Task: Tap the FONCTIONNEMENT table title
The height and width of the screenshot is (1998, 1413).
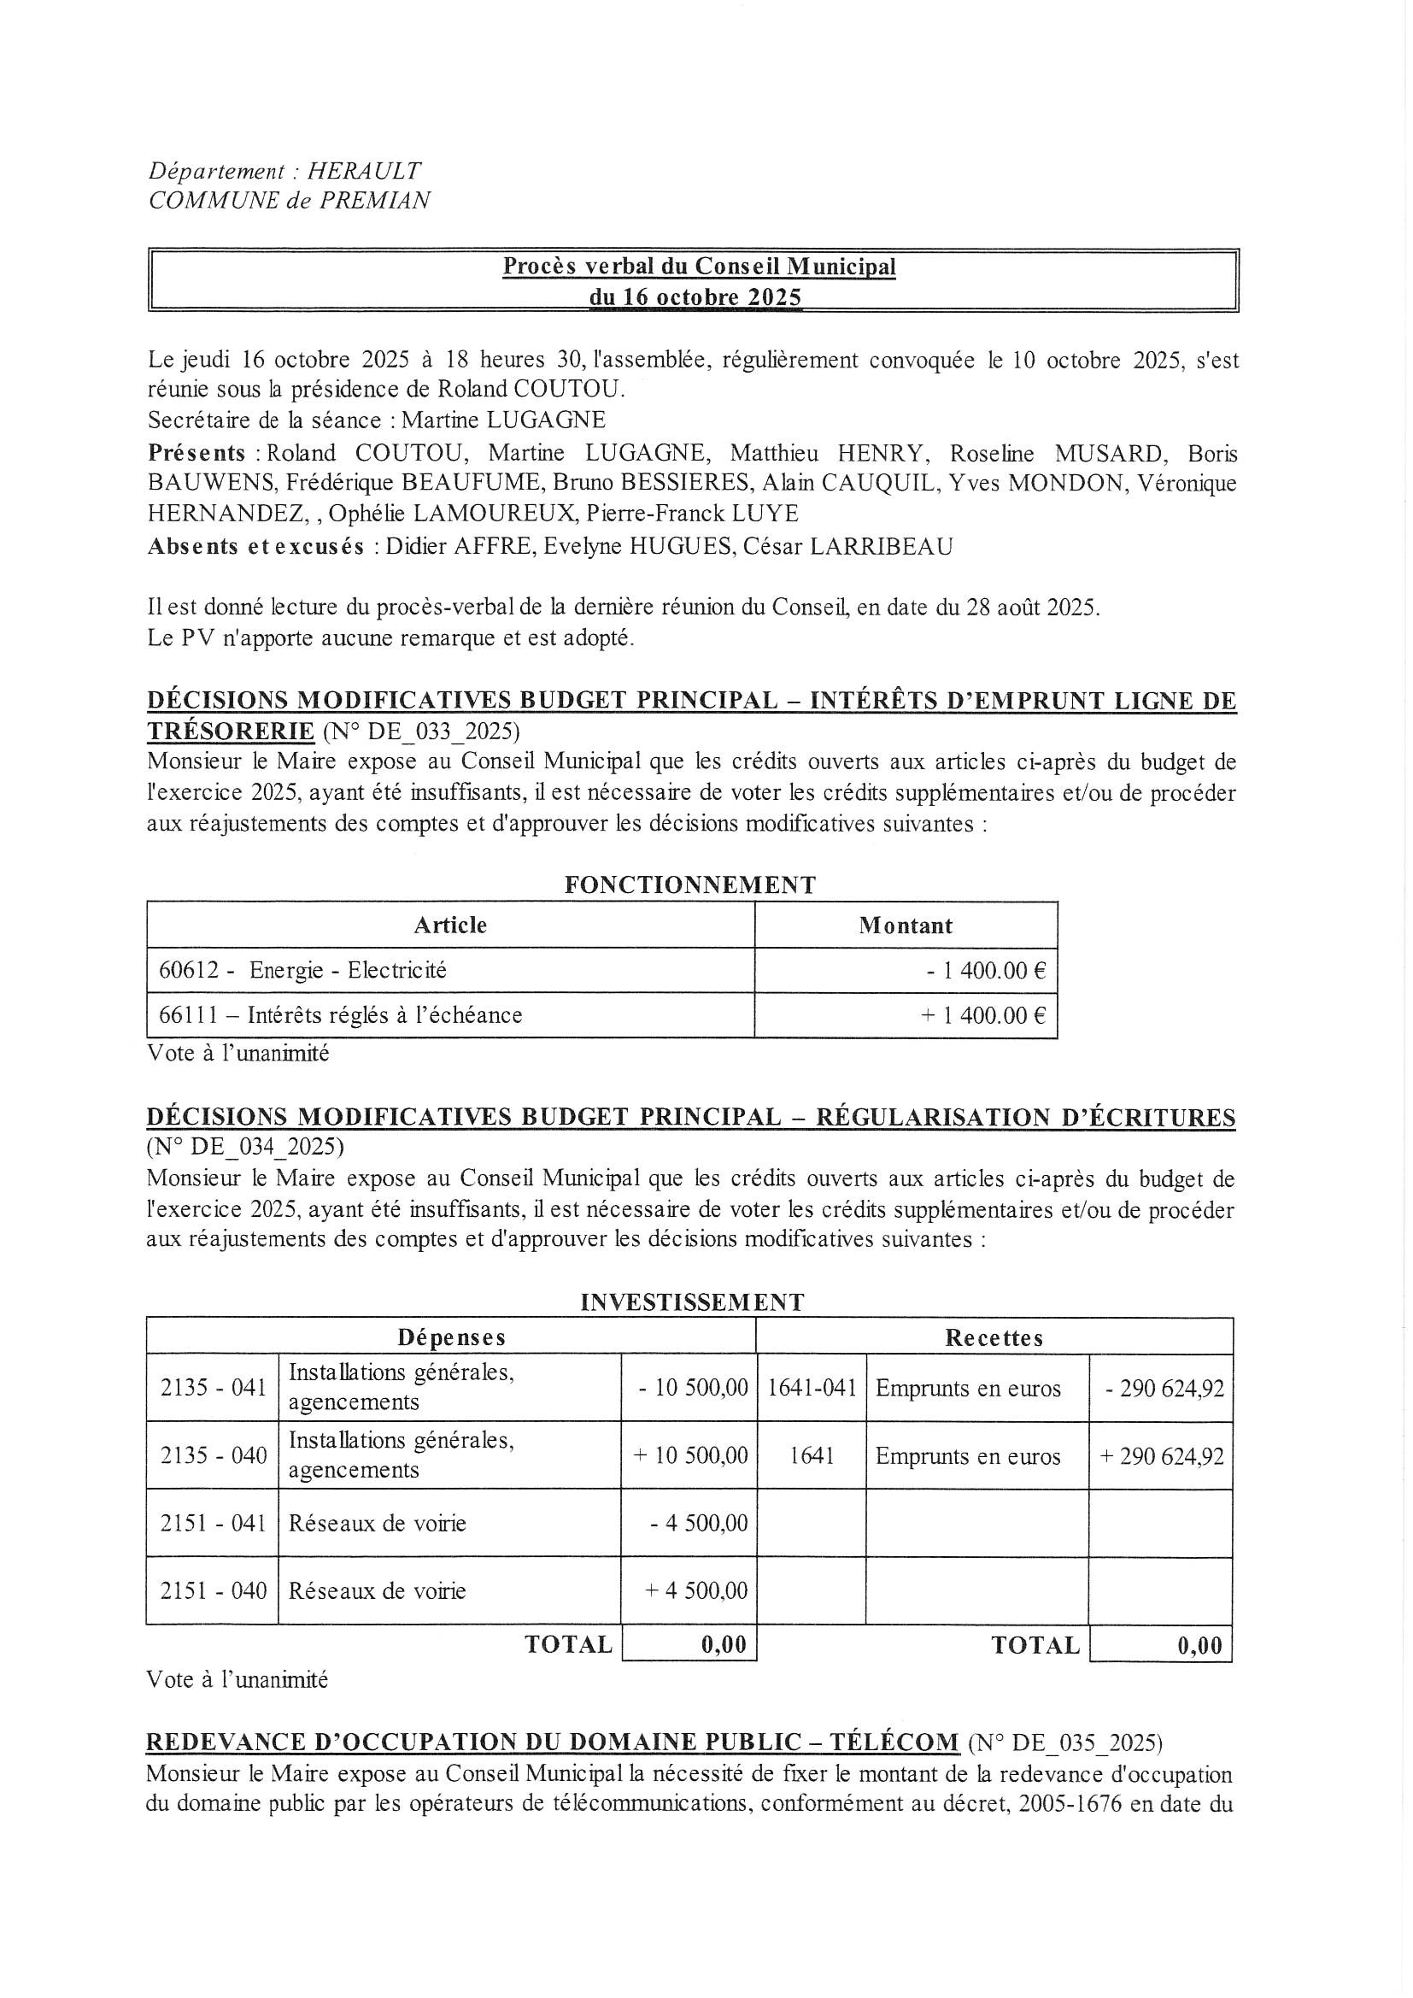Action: point(690,885)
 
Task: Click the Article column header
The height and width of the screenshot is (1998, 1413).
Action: point(450,925)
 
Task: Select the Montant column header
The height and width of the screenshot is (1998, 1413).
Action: point(905,925)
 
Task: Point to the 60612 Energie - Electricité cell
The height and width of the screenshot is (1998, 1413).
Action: point(302,970)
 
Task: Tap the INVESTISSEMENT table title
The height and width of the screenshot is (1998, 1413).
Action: point(692,1302)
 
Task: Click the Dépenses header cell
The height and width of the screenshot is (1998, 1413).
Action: point(451,1337)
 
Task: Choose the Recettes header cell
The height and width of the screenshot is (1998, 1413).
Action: point(994,1337)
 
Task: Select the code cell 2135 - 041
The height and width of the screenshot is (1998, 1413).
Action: point(214,1388)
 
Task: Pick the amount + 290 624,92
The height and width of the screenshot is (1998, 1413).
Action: point(1162,1457)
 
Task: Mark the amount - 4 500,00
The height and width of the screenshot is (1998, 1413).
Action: point(699,1524)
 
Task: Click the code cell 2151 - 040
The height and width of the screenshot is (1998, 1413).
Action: point(214,1591)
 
